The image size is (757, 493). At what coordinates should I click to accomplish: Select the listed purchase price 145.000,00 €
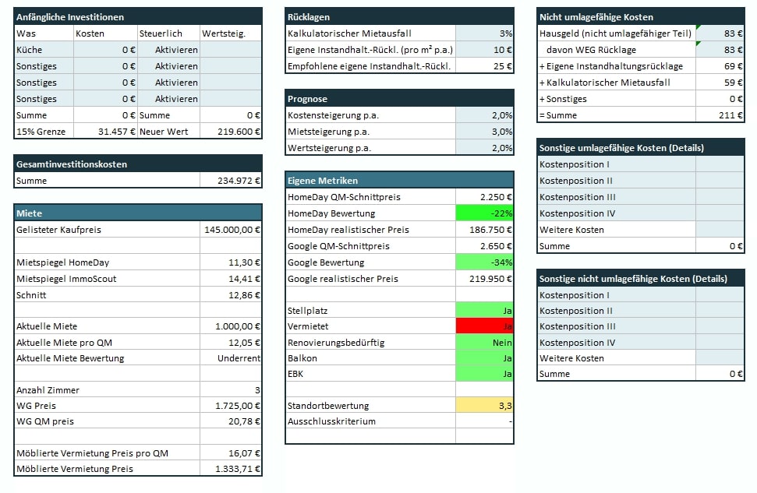click(x=232, y=230)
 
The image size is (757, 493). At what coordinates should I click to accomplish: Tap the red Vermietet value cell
click(x=484, y=327)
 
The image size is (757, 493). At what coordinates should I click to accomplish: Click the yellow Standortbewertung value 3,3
click(x=484, y=406)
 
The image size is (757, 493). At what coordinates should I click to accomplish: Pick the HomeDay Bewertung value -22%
click(x=484, y=213)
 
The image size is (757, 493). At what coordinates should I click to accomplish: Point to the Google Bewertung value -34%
click(x=484, y=262)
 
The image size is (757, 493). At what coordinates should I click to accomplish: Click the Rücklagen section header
click(x=309, y=16)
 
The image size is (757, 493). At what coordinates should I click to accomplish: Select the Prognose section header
click(x=307, y=99)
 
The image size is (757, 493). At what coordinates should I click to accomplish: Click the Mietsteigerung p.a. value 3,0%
click(x=484, y=132)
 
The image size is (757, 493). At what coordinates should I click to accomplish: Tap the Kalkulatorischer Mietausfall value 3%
click(x=484, y=33)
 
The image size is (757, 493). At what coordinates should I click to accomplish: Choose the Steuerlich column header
click(x=160, y=33)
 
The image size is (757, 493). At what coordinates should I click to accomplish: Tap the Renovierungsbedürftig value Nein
click(x=484, y=343)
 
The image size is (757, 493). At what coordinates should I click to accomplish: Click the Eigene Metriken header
click(x=323, y=181)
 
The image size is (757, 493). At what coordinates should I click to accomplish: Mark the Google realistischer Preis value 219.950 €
click(x=484, y=279)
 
